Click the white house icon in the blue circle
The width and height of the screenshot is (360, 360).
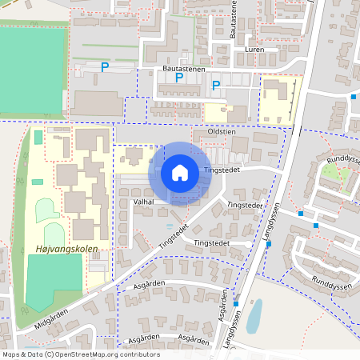pos(180,173)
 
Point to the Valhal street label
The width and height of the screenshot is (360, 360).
pos(143,202)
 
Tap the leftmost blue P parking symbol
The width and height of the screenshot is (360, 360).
pos(105,68)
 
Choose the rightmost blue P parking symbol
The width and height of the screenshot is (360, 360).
pos(216,85)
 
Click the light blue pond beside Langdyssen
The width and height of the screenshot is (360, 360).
pos(254,317)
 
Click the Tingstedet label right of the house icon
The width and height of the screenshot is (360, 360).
pos(222,170)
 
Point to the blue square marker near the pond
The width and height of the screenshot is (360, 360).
pos(236,304)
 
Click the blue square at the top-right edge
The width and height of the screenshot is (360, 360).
pos(354,97)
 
